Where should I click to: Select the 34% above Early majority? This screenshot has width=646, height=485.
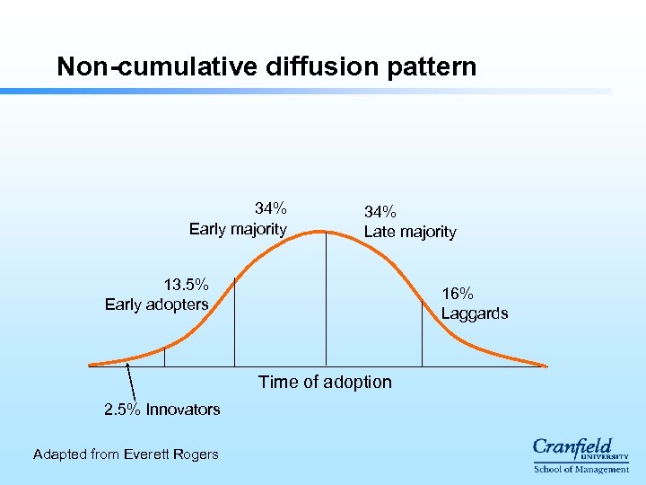pos(271,209)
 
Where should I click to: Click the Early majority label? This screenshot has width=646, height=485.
pos(238,229)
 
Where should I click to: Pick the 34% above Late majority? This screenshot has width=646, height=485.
pos(380,212)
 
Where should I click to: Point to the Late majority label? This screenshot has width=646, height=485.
pos(410,232)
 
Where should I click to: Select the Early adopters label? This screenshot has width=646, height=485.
pos(156,304)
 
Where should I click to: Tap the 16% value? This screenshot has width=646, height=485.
pos(458,294)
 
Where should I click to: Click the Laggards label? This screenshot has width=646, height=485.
pos(475,313)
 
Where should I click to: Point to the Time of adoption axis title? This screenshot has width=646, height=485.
pos(325,382)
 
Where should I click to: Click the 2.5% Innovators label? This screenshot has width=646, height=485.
pos(161,410)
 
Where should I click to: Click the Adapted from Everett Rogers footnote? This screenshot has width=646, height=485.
pos(126,454)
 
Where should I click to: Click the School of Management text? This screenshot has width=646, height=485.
pos(581,469)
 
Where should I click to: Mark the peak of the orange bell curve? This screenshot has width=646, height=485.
pos(326,232)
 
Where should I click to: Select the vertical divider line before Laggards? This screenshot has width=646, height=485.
pos(422,324)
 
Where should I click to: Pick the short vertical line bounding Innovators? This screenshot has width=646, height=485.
pos(164,356)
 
